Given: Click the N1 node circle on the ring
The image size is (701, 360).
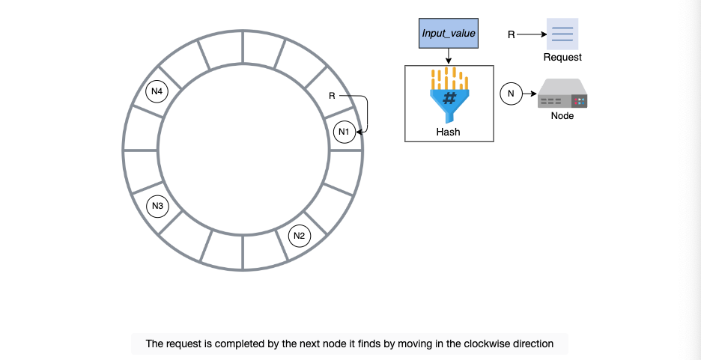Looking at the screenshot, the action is click(345, 132).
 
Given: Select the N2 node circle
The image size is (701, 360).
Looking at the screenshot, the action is click(300, 236).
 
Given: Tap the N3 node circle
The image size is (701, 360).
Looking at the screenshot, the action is click(157, 206).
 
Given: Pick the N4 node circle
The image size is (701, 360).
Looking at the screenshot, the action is click(157, 91).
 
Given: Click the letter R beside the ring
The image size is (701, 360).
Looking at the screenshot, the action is click(332, 96).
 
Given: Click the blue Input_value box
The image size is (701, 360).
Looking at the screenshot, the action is click(449, 33).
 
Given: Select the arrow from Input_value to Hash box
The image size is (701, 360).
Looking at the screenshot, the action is click(449, 57).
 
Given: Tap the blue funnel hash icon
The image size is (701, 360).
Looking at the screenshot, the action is click(449, 95).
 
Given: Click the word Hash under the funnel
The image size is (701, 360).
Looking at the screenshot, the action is click(449, 132).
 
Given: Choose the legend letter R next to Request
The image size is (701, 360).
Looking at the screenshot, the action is click(512, 35).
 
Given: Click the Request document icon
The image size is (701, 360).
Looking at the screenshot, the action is click(562, 34).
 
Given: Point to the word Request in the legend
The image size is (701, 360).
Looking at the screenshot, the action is click(562, 57).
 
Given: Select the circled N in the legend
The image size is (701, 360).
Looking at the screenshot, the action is click(511, 94).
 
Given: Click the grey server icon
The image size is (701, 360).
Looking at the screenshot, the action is click(562, 94).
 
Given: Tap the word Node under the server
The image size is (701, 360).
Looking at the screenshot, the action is click(562, 116).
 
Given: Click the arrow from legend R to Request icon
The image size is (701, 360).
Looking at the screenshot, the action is click(532, 34).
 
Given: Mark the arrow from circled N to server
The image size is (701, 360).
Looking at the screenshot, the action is click(529, 94).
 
